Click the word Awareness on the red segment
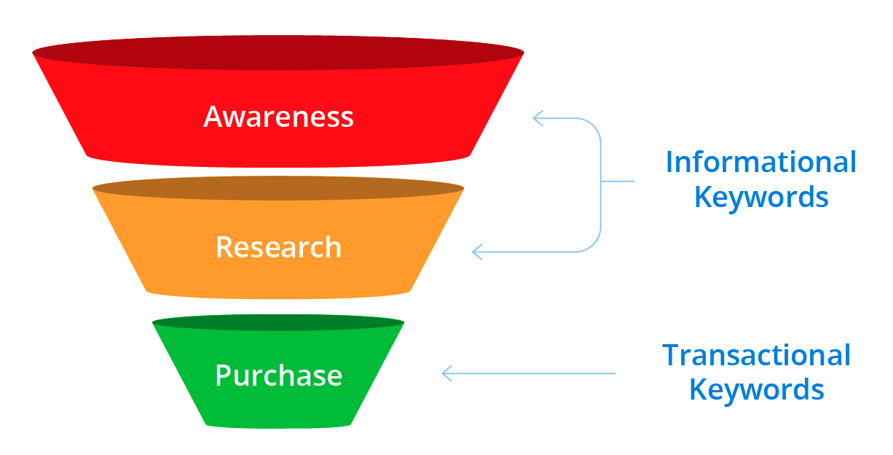pos(278,117)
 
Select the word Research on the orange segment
pos(278,248)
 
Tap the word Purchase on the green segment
pos(278,376)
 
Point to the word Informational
pos(760,162)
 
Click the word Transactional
pos(756,355)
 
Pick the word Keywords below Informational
pos(761,197)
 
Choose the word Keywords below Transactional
pos(756,389)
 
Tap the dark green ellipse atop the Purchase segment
pos(278,322)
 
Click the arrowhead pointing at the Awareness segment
pos(538,118)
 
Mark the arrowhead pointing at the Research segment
pos(478,252)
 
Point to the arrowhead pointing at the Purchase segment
pos(447,373)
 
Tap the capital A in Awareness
pos(213,117)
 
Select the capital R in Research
pos(224,248)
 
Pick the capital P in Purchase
pos(224,376)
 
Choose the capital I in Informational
pos(670,162)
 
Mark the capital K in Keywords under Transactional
pos(699,389)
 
